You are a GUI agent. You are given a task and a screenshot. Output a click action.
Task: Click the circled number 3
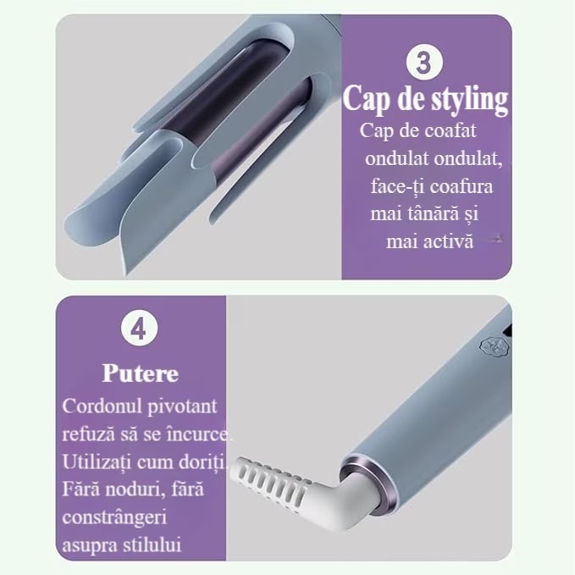tap(424, 63)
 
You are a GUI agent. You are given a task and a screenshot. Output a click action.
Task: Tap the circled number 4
tap(139, 329)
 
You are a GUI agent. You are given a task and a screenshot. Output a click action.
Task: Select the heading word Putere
tap(141, 373)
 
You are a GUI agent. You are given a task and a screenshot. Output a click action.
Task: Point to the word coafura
tap(462, 186)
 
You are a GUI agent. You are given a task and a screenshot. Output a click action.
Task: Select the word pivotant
tap(182, 406)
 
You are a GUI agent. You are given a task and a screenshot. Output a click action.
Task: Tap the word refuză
tap(88, 434)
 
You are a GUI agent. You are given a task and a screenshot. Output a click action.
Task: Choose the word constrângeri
tap(114, 518)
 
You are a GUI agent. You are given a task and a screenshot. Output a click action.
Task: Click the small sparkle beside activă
tap(497, 239)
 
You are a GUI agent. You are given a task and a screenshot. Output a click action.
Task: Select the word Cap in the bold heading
tap(364, 99)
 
